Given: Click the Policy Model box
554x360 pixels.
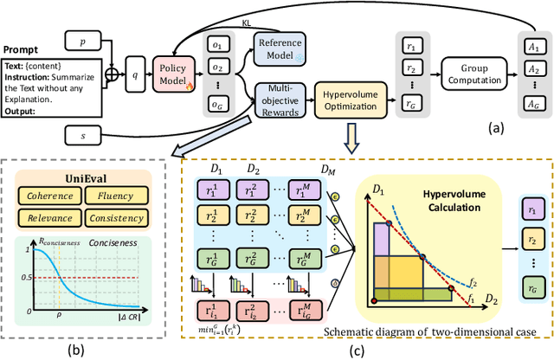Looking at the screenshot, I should click(x=177, y=69).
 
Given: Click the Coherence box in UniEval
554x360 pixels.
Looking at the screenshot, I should click(x=53, y=196).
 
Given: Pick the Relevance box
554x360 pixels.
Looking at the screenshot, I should click(x=53, y=216).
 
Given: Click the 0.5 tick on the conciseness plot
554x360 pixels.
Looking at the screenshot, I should click(x=25, y=277).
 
